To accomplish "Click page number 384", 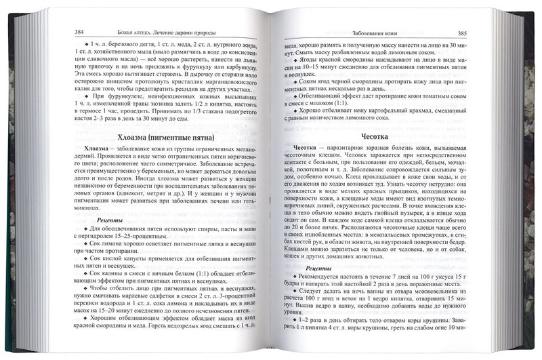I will click(81, 31).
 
